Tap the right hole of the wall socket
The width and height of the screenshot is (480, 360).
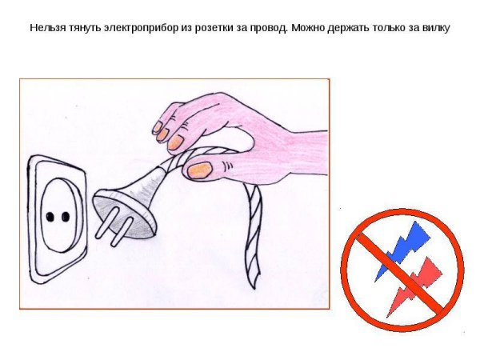coord(62,217)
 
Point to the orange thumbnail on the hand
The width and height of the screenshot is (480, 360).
coord(198,170)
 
